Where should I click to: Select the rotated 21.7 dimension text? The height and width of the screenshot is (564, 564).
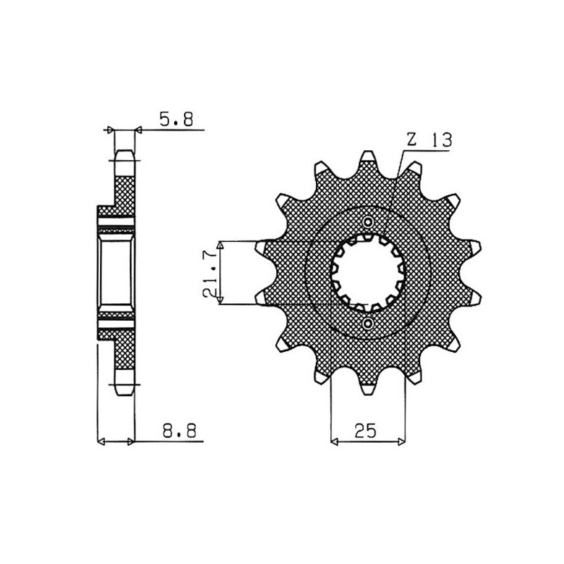coord(209,273)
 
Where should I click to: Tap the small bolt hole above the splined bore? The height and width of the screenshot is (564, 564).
coord(368,222)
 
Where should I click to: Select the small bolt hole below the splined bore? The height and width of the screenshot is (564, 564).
coord(368,323)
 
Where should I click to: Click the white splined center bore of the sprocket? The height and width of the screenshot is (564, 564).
coord(367,272)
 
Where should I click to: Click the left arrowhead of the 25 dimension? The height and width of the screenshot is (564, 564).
coord(335,442)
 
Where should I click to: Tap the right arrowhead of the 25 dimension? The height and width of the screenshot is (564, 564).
coord(401,442)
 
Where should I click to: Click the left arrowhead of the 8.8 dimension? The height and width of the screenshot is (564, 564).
coord(100,442)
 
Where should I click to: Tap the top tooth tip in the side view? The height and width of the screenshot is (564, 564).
coord(124,157)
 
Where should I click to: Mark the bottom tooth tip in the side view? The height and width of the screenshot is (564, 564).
coord(124,387)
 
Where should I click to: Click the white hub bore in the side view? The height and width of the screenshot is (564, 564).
coord(116,272)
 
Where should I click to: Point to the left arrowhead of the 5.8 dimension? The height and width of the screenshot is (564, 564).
coord(109,130)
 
